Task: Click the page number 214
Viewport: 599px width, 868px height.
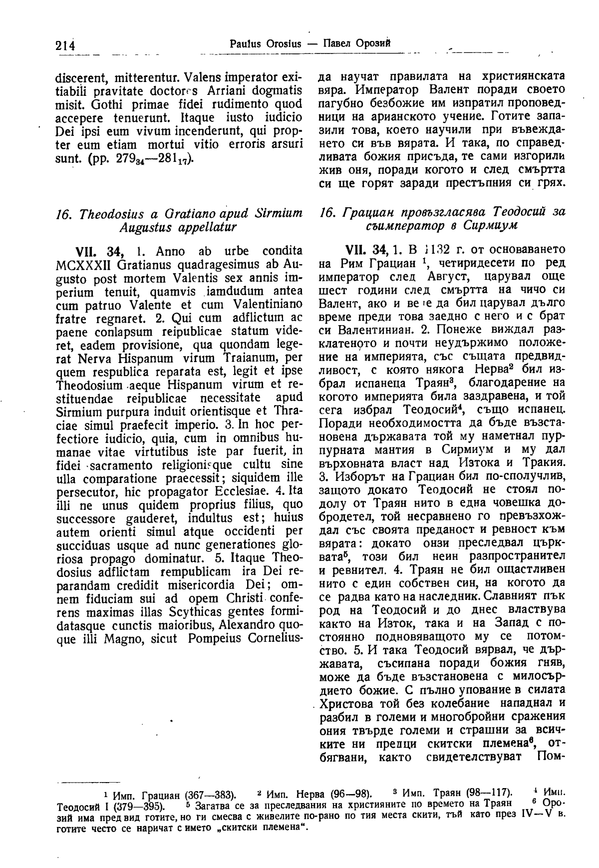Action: coord(65,45)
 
